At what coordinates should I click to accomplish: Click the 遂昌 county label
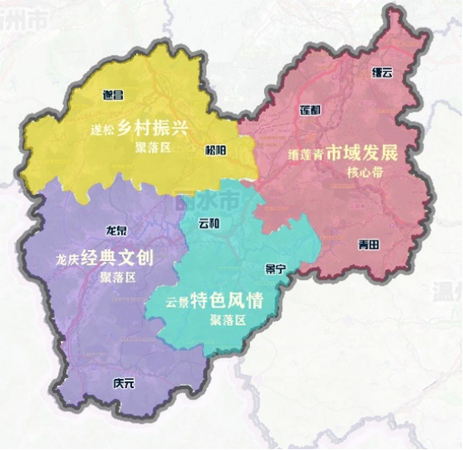[x=112, y=94]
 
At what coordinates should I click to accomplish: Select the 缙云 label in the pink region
[x=382, y=72]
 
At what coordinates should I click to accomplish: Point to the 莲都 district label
[x=309, y=111]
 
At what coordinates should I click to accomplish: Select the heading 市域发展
[x=370, y=150]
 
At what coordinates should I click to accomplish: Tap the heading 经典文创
[x=117, y=258]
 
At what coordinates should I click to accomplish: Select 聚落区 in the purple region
[x=118, y=277]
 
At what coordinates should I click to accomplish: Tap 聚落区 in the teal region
[x=227, y=319]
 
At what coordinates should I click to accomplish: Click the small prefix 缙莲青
[x=306, y=152]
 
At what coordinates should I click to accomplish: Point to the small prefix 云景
[x=176, y=302]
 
